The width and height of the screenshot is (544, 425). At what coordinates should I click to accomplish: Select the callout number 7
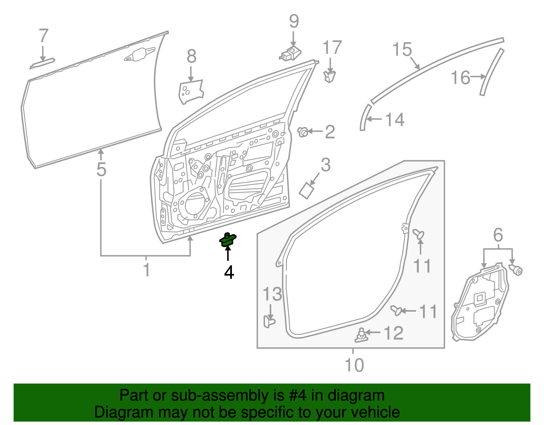pyautogui.click(x=44, y=36)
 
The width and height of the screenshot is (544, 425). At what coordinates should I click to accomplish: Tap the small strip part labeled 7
pyautogui.click(x=42, y=63)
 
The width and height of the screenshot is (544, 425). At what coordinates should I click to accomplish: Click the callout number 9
pyautogui.click(x=294, y=21)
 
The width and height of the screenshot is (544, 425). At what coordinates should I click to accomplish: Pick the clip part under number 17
pyautogui.click(x=329, y=76)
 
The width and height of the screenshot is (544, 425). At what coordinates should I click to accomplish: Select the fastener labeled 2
pyautogui.click(x=303, y=132)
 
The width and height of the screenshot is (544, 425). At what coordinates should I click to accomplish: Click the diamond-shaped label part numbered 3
pyautogui.click(x=307, y=190)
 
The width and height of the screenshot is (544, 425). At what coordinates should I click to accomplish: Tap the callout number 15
pyautogui.click(x=402, y=50)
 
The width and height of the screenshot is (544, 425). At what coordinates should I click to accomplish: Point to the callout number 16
pyautogui.click(x=460, y=78)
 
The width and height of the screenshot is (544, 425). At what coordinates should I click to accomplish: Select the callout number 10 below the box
pyautogui.click(x=354, y=365)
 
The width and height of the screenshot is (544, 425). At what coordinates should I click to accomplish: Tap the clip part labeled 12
pyautogui.click(x=362, y=335)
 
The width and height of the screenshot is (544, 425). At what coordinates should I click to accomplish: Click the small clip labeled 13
pyautogui.click(x=269, y=321)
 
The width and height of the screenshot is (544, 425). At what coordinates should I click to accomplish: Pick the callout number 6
pyautogui.click(x=498, y=235)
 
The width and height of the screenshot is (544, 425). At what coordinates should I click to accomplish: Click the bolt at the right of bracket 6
pyautogui.click(x=516, y=271)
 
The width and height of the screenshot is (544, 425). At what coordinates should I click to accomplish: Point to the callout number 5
pyautogui.click(x=101, y=169)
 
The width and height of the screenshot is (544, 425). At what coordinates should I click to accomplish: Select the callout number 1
pyautogui.click(x=146, y=270)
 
